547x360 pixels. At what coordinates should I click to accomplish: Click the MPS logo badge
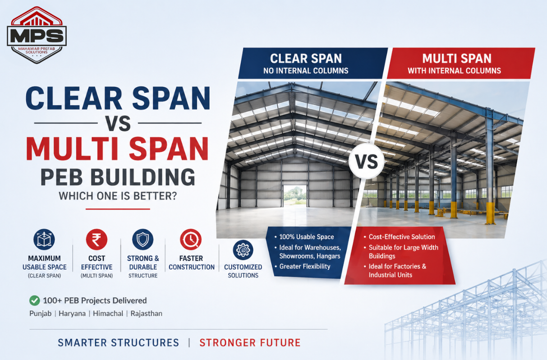pos(37,35)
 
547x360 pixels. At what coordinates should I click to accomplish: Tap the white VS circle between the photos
pos(366,162)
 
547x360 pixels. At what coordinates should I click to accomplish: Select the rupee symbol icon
pos(97,239)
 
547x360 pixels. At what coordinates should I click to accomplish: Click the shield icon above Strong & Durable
pos(143,239)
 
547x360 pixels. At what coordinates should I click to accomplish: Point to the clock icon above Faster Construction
pos(191,240)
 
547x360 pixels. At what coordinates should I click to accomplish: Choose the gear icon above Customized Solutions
pos(243,249)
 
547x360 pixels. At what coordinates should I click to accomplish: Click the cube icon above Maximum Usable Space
pos(44,239)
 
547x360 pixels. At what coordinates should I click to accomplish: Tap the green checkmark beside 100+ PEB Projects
pos(34,300)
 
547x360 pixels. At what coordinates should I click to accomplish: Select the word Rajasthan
pos(147,314)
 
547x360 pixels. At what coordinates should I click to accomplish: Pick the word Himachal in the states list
pos(108,314)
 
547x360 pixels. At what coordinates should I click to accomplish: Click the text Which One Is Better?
pos(118,197)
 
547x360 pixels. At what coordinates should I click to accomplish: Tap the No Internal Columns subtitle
pos(306,70)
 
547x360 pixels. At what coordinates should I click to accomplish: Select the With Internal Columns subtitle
pos(454,70)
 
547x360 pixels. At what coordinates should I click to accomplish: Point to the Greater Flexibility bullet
pos(305,267)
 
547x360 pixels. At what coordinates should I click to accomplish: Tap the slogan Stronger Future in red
pos(250,342)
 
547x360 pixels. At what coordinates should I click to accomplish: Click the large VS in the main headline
pos(118,123)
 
